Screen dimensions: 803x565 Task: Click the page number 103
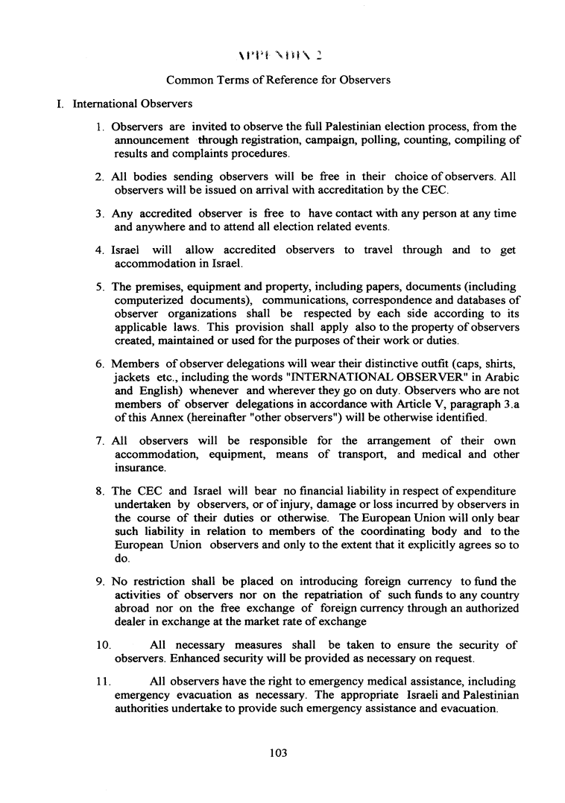tap(279, 753)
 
